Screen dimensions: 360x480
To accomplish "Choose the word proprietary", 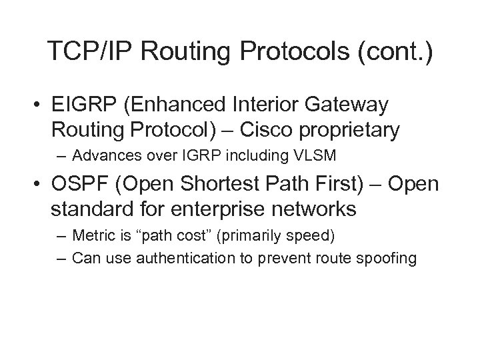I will [353, 131].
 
